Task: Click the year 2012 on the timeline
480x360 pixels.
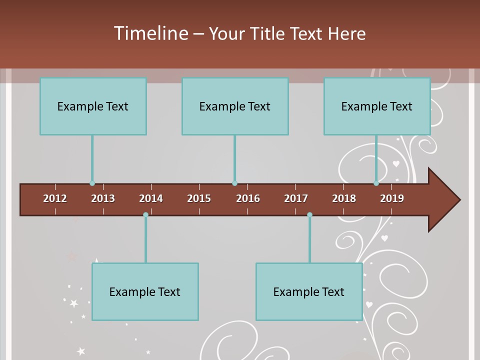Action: [55, 198]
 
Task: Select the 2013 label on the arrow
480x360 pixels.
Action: [103, 198]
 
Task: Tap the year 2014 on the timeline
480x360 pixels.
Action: [151, 198]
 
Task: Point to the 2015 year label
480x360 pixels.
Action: [199, 198]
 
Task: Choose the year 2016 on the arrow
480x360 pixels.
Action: [248, 198]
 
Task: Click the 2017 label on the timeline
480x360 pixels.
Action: [296, 198]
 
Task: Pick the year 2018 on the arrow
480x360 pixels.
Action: [344, 198]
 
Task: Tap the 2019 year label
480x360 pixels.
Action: [392, 198]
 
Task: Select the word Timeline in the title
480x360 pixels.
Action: [150, 33]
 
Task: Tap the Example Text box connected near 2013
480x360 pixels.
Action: [93, 106]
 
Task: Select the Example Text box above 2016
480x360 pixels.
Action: [235, 106]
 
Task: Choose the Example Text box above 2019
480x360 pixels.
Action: [377, 106]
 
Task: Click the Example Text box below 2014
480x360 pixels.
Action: [145, 291]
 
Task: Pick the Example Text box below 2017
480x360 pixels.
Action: [309, 291]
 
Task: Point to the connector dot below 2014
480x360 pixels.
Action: [145, 215]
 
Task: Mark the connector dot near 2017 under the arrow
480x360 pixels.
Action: [309, 215]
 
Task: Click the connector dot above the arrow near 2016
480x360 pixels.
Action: [234, 183]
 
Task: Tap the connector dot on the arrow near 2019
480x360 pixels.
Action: [376, 183]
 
